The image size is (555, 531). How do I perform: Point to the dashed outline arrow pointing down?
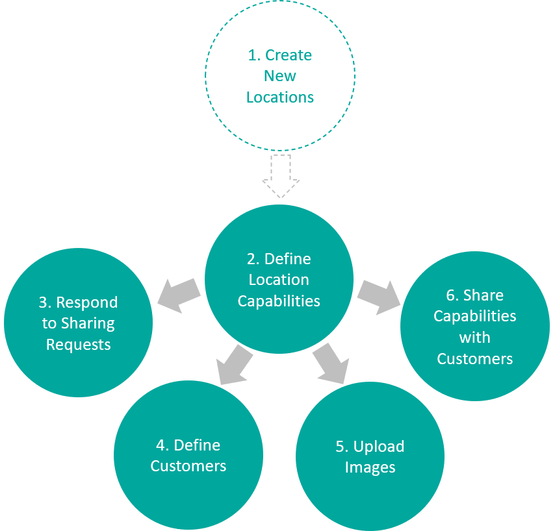(x=280, y=175)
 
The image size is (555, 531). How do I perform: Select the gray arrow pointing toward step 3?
(x=178, y=295)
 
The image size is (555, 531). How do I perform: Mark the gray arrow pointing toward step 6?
(x=380, y=295)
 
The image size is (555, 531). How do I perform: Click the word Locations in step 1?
(x=280, y=97)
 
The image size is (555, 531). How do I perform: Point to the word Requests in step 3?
(x=79, y=345)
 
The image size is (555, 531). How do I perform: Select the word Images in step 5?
(x=370, y=467)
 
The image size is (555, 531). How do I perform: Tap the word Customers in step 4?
(x=188, y=466)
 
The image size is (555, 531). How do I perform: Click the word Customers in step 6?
(x=475, y=359)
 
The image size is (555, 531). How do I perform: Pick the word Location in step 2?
(x=279, y=280)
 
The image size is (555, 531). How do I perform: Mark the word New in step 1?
(x=280, y=76)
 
